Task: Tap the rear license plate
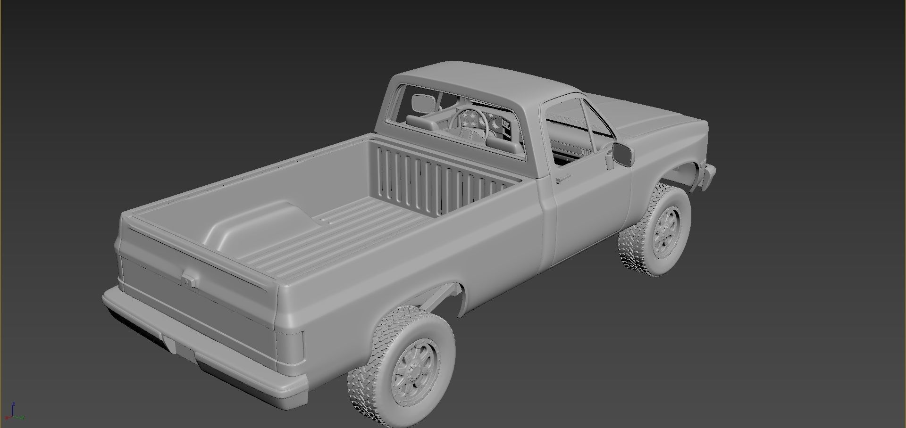pyautogui.click(x=170, y=346)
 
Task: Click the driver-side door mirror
pyautogui.click(x=623, y=154)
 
